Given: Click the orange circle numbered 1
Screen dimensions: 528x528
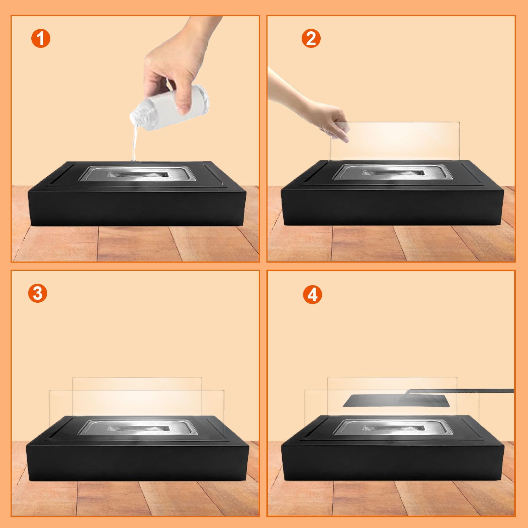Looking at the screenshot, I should point(41,39).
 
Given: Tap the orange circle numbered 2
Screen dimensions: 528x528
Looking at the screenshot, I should point(311,39).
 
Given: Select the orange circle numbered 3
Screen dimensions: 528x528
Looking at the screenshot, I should point(37,293).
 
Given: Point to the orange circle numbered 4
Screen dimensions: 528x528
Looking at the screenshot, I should point(312,295).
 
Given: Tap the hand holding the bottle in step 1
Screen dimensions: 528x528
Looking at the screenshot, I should point(176,63).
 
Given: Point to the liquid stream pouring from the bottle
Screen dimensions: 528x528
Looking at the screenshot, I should point(134,144).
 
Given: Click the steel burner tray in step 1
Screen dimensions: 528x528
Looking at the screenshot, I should point(137,174).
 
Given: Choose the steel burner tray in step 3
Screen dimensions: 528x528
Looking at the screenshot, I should point(137,428).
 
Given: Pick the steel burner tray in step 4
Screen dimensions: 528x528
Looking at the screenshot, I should point(392,428).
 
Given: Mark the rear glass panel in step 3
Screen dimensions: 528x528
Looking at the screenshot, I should point(137,384).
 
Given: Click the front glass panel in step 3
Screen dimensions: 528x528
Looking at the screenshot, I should point(60,405).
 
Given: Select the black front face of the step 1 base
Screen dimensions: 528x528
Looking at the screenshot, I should point(137,208).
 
